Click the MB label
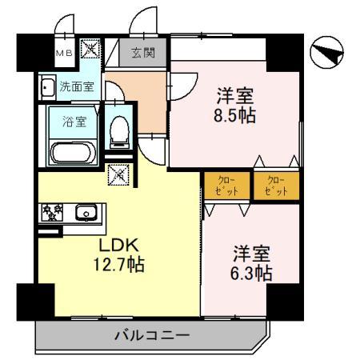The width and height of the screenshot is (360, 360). coord(64,53)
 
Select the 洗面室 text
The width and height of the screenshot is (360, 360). coord(76,86)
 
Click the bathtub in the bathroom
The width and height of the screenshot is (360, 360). coord(70,152)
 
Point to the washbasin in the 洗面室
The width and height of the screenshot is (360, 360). coord(46,86)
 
